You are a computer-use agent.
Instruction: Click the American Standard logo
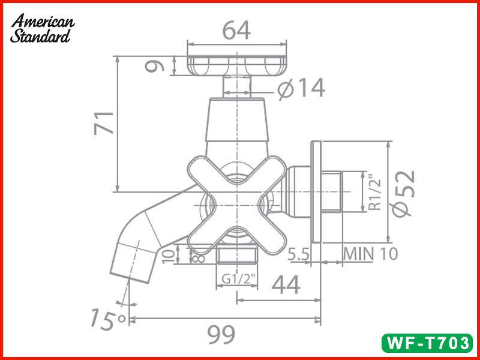(42, 28)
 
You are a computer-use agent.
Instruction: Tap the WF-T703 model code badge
(427, 343)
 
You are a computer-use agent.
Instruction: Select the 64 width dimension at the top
(236, 29)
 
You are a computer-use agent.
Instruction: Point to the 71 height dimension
(104, 123)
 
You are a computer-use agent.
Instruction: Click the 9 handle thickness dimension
(157, 65)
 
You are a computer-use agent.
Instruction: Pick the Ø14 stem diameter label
(302, 89)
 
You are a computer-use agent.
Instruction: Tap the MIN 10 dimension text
(371, 254)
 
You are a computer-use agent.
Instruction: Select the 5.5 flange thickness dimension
(298, 254)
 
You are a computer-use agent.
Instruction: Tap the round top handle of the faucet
(236, 65)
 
